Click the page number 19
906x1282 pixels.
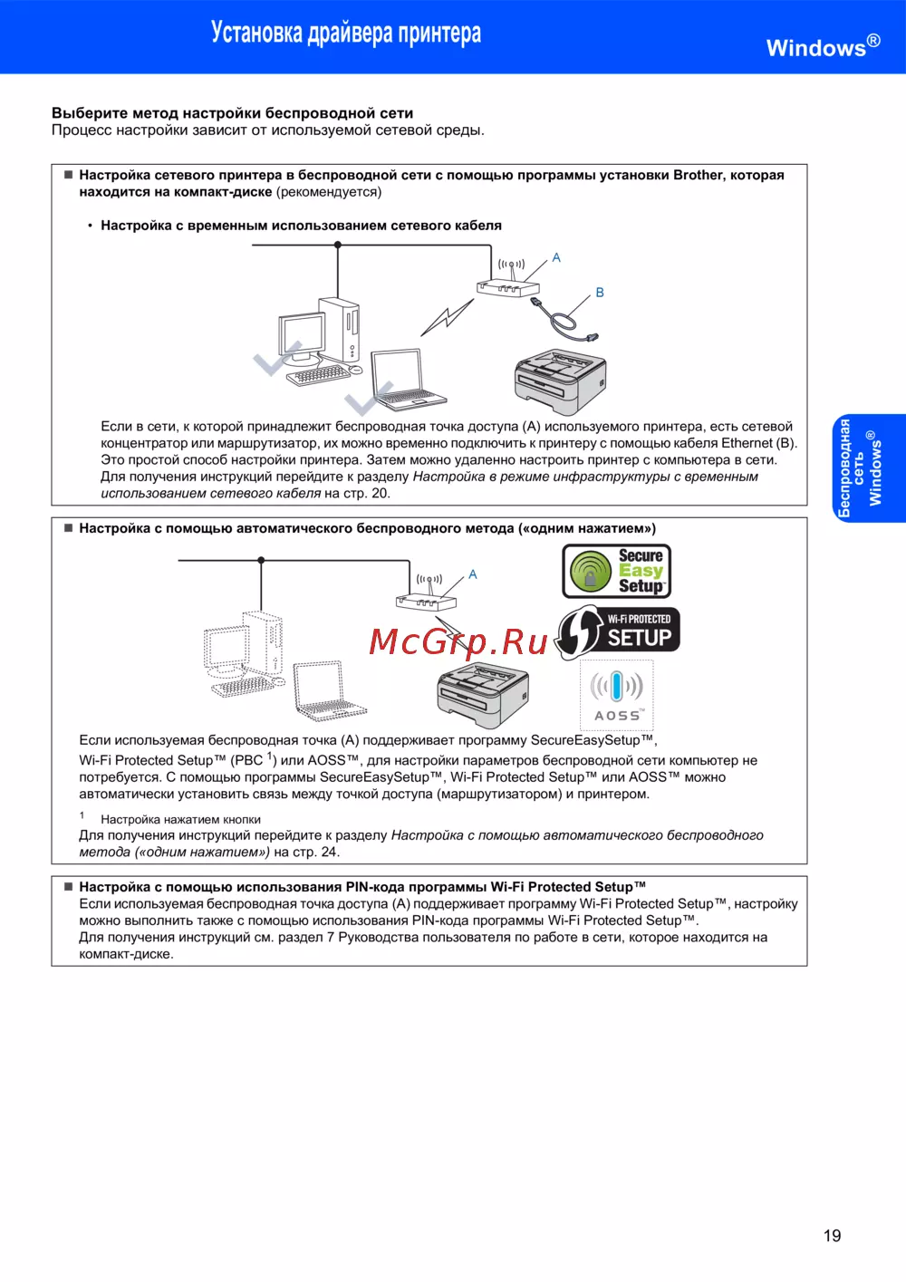pyautogui.click(x=832, y=1236)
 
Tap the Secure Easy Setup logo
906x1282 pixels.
pyautogui.click(x=617, y=572)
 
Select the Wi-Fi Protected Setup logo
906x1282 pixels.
pyautogui.click(x=618, y=631)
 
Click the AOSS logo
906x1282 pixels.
pyautogui.click(x=617, y=695)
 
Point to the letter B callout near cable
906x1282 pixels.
pyautogui.click(x=600, y=293)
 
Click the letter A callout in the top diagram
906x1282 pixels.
pyautogui.click(x=556, y=258)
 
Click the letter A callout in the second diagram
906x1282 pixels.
pyautogui.click(x=472, y=574)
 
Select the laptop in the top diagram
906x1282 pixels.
pyautogui.click(x=406, y=379)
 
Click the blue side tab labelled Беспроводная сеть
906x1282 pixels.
pyautogui.click(x=869, y=467)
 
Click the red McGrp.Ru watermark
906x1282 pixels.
pyautogui.click(x=458, y=641)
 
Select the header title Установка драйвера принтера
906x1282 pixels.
pyautogui.click(x=346, y=34)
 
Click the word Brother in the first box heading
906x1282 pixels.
pyautogui.click(x=698, y=175)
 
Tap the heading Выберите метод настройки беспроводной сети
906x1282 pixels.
pyautogui.click(x=232, y=113)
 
